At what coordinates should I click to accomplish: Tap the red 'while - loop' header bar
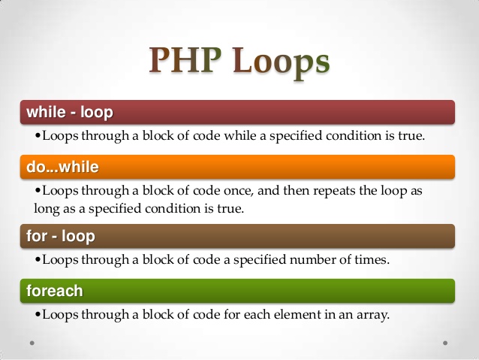tap(239, 113)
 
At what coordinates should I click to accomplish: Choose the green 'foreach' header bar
tap(239, 289)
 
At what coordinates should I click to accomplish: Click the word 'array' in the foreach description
tap(372, 314)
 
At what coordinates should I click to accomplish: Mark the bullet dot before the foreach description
tap(38, 315)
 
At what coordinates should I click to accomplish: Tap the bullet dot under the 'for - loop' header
tap(38, 261)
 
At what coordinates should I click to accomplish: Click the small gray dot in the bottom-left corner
tap(32, 342)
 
